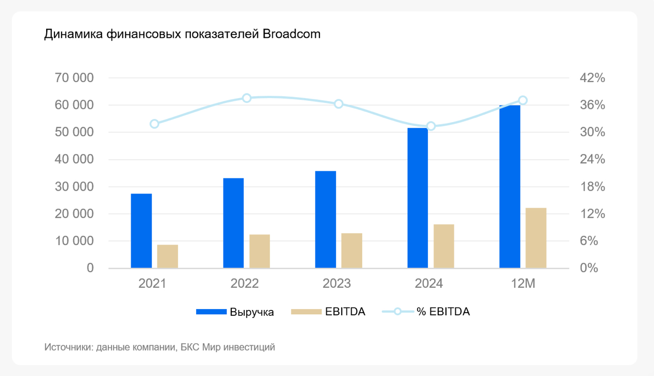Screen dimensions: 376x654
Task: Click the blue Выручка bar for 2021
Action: (141, 231)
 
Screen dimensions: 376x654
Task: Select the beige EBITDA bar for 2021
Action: (168, 256)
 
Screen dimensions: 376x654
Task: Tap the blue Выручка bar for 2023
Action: (325, 219)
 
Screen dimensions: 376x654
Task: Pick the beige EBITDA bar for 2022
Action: (259, 251)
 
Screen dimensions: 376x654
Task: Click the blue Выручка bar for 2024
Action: (418, 198)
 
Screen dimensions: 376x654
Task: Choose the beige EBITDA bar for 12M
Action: (536, 238)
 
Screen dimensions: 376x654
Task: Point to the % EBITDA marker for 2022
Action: (247, 98)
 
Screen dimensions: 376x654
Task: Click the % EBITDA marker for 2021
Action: (155, 124)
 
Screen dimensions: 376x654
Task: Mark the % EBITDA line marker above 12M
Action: (523, 100)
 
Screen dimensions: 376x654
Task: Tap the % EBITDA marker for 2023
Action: (339, 104)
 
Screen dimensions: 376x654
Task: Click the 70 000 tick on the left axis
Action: (74, 78)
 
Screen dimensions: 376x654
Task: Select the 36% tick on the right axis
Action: (592, 105)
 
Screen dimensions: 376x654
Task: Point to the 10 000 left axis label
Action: (74, 241)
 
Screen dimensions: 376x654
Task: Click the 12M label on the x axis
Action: (522, 284)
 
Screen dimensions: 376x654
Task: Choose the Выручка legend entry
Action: (252, 312)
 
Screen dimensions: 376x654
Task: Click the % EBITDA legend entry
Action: (443, 312)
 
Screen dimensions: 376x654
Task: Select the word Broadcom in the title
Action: (291, 34)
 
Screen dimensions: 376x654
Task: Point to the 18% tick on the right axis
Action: (592, 186)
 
